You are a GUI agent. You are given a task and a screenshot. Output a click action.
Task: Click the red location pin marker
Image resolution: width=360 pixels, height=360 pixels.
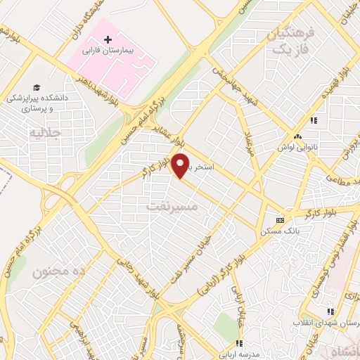click(x=181, y=166)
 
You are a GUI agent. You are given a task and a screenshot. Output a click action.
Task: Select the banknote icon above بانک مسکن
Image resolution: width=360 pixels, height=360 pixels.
click(x=280, y=219)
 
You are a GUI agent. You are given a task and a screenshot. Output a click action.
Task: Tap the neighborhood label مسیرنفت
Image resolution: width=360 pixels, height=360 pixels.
click(x=173, y=207)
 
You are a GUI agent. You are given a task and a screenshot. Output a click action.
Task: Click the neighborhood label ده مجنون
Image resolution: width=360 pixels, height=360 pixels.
click(x=53, y=271)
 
